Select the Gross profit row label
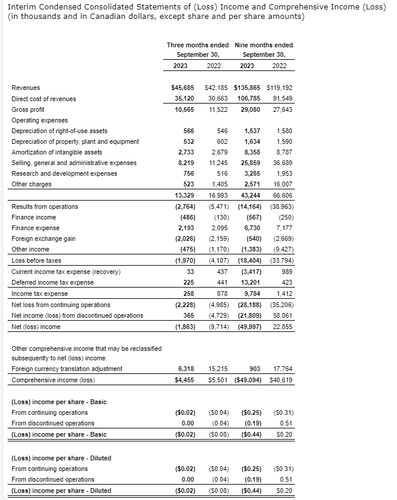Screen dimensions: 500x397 pos(28,109)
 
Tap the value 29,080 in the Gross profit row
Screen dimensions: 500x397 pos(248,109)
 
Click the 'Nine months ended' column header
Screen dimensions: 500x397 pos(263,45)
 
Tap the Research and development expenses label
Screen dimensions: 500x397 pos(64,173)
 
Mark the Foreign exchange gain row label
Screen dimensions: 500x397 pos(44,238)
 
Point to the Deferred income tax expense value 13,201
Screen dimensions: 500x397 pos(249,282)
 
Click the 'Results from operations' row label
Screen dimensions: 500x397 pos(45,207)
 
